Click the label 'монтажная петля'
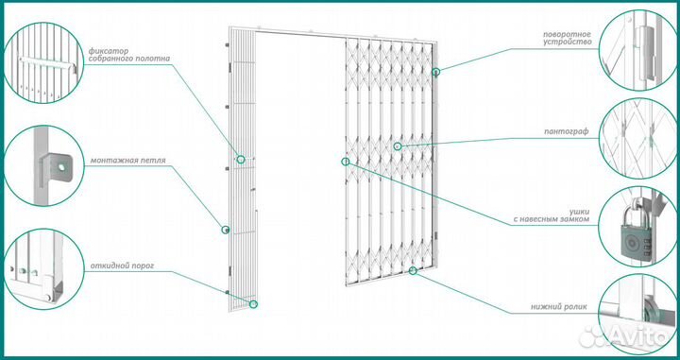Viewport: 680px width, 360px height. pyautogui.click(x=127, y=161)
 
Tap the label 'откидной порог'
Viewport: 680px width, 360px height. pyautogui.click(x=122, y=266)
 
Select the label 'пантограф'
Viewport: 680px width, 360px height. pyautogui.click(x=568, y=131)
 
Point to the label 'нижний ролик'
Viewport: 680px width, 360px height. pyautogui.click(x=559, y=307)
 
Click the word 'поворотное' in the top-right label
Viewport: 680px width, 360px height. pyautogui.click(x=568, y=34)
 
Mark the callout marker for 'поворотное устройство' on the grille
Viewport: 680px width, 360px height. pyautogui.click(x=435, y=72)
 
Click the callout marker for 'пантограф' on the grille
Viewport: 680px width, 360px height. pyautogui.click(x=397, y=146)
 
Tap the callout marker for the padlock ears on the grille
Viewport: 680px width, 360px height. pyautogui.click(x=346, y=162)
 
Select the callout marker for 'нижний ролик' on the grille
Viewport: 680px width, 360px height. pyautogui.click(x=413, y=271)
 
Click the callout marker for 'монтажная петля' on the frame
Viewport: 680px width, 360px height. pyautogui.click(x=225, y=230)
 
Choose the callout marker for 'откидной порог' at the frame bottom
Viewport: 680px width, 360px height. pyautogui.click(x=254, y=304)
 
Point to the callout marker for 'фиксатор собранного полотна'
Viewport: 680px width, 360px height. pyautogui.click(x=241, y=159)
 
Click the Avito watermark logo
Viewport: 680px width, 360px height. pyautogui.click(x=624, y=335)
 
